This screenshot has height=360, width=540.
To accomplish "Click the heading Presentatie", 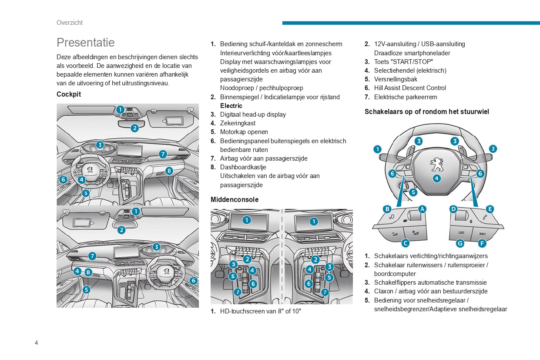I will (86, 43).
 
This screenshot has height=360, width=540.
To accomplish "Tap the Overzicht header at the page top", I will (70, 23).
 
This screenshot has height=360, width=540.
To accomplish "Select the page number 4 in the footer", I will (37, 343).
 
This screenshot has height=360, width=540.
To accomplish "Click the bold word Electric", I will (231, 106).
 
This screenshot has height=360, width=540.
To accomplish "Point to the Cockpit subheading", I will (69, 94).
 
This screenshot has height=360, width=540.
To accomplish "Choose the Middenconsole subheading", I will (235, 199).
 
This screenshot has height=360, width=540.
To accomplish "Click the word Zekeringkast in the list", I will (238, 123).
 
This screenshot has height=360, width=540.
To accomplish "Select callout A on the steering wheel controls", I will (422, 209).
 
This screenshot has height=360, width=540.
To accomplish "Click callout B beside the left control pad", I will (387, 209).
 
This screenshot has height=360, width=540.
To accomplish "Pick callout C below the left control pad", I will (405, 243).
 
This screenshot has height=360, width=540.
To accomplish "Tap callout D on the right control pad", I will (453, 209).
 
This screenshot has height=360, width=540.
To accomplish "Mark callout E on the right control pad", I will (490, 209).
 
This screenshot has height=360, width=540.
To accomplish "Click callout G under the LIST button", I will (460, 243).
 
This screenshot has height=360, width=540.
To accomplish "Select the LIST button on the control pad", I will (461, 233).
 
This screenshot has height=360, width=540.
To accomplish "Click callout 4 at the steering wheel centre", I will (436, 178).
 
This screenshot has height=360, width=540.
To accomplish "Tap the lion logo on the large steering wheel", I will (436, 164).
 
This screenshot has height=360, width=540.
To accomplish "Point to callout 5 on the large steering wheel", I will (413, 192).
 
